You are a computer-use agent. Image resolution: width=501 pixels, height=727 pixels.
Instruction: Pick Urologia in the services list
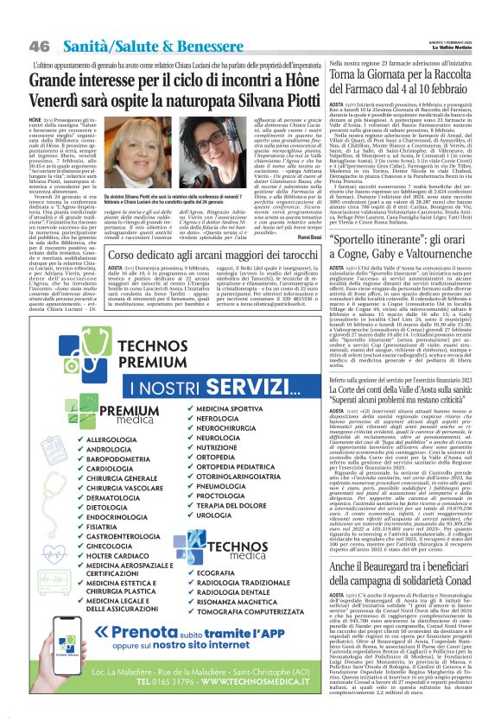[216, 515]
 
